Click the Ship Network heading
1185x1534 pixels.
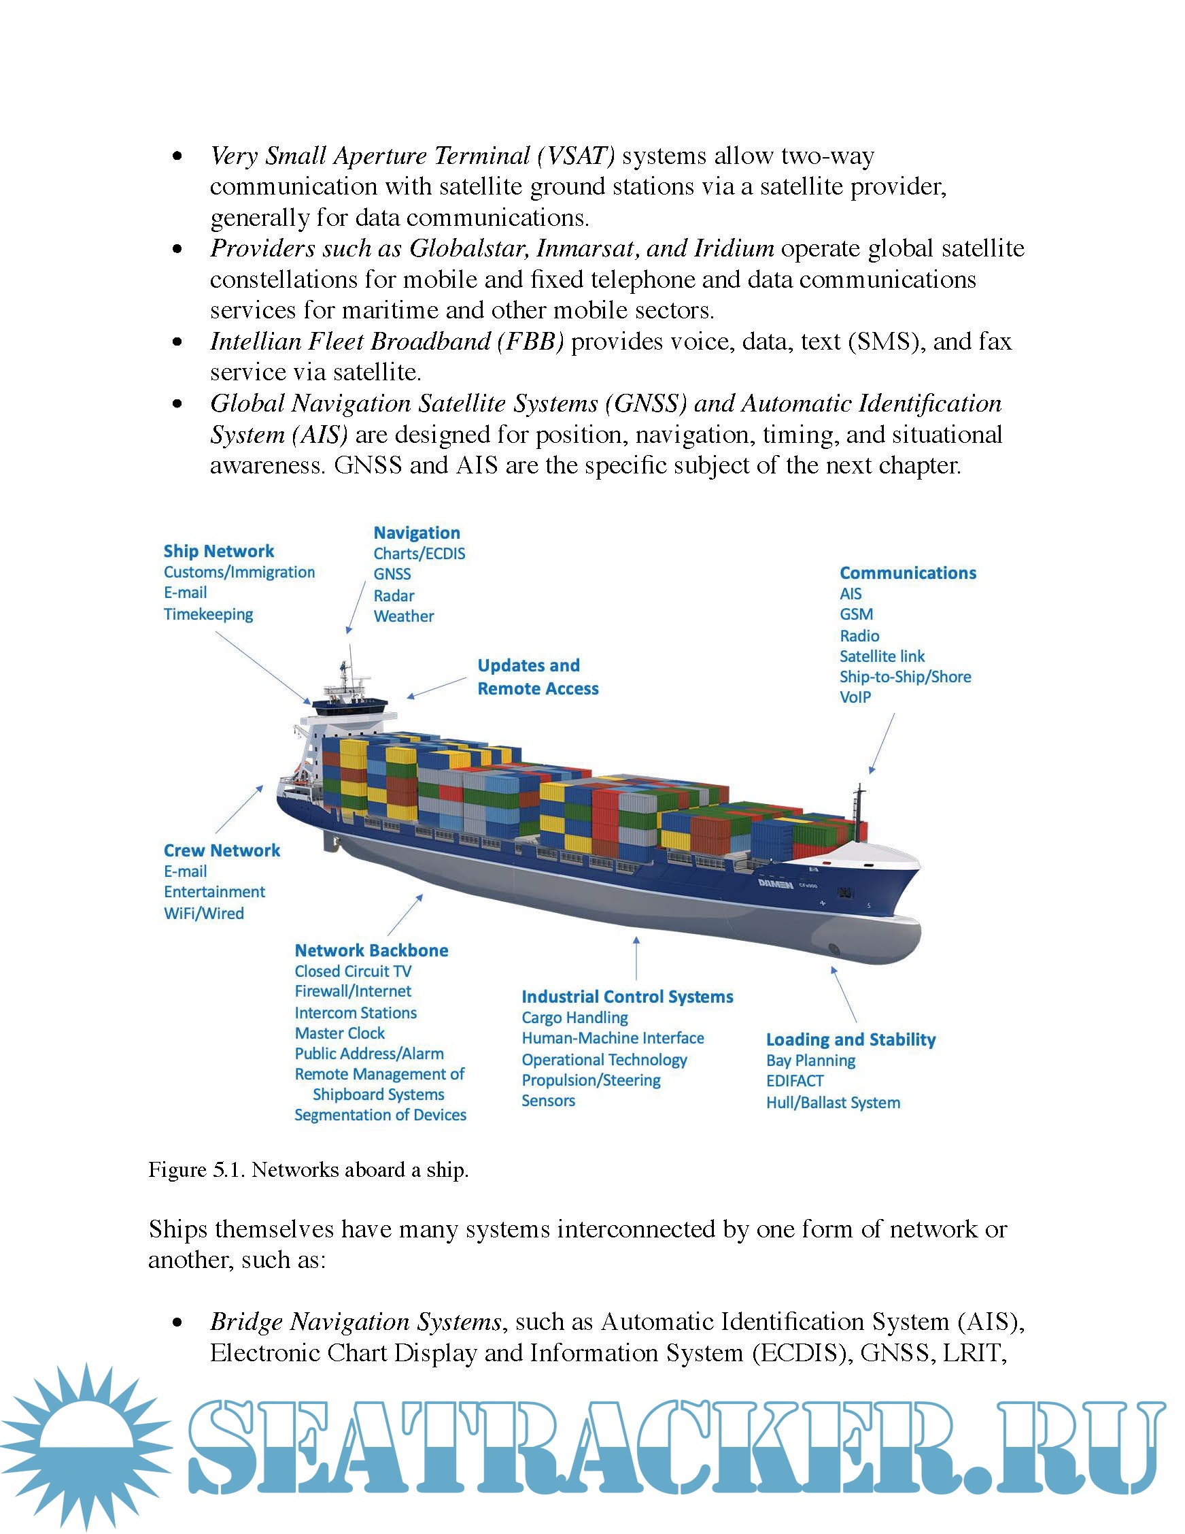[x=218, y=552]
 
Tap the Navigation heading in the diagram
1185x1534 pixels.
[x=416, y=533]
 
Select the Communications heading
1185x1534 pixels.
[x=908, y=573]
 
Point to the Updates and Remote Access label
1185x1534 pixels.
[x=538, y=677]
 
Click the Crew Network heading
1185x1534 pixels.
[x=222, y=850]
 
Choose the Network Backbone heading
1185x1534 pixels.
[x=371, y=950]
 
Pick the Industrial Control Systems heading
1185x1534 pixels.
[x=627, y=997]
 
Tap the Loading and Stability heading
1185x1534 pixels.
[x=851, y=1039]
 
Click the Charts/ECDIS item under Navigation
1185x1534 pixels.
[x=419, y=554]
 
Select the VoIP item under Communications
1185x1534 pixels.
[x=855, y=697]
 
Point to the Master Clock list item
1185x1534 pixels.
[x=340, y=1033]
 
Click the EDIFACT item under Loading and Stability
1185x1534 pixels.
[x=795, y=1081]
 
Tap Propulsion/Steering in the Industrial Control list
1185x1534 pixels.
[x=591, y=1080]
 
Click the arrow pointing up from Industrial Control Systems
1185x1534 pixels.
[x=636, y=958]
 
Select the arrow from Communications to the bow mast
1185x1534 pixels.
[x=882, y=744]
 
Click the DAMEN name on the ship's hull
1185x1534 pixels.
[x=775, y=884]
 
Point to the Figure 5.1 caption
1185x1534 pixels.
[x=308, y=1170]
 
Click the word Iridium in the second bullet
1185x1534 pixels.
[x=734, y=249]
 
